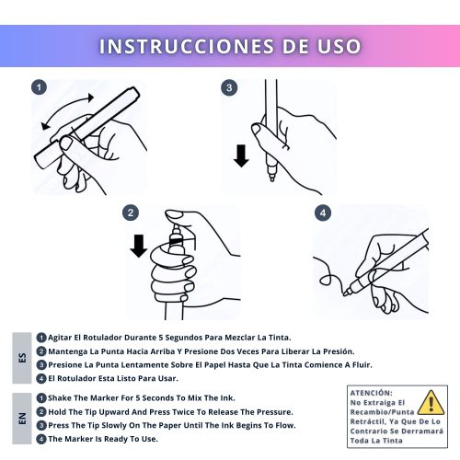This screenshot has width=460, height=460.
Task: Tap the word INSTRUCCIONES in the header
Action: pyautogui.click(x=187, y=46)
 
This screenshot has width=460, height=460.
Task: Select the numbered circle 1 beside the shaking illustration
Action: pyautogui.click(x=39, y=87)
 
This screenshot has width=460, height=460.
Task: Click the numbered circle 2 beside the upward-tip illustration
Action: pyautogui.click(x=131, y=213)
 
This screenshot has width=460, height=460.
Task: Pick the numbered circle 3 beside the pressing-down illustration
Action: pyautogui.click(x=229, y=87)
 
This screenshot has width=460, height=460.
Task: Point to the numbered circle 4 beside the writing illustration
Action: pyautogui.click(x=323, y=213)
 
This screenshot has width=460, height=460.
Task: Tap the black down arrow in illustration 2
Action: pyautogui.click(x=139, y=246)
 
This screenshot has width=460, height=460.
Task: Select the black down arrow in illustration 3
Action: pyautogui.click(x=241, y=155)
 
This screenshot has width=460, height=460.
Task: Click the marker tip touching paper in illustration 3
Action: pyautogui.click(x=271, y=178)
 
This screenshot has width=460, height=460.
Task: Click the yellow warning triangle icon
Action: pyautogui.click(x=431, y=402)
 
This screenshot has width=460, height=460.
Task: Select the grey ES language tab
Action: pyautogui.click(x=22, y=358)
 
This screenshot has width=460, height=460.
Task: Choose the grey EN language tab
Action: pyautogui.click(x=22, y=419)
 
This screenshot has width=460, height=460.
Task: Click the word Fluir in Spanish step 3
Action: pyautogui.click(x=363, y=365)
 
